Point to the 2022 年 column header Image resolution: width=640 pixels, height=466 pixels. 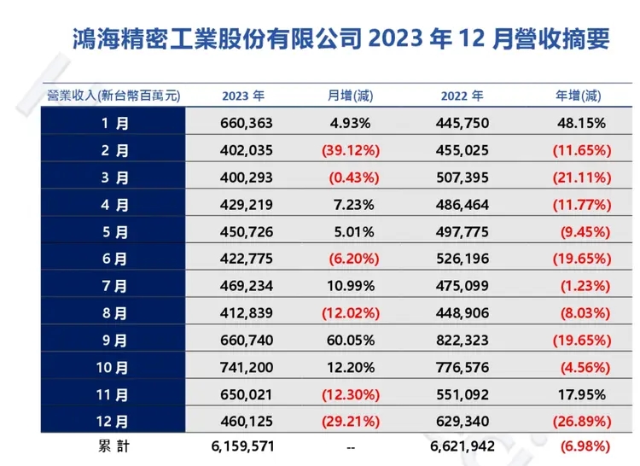(x=462, y=96)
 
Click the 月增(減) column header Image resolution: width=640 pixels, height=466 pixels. (x=351, y=96)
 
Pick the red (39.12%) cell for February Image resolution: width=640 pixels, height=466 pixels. (x=351, y=150)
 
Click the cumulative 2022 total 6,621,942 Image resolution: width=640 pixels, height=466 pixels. (x=462, y=446)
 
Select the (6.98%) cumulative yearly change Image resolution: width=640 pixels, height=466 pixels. (x=585, y=446)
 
